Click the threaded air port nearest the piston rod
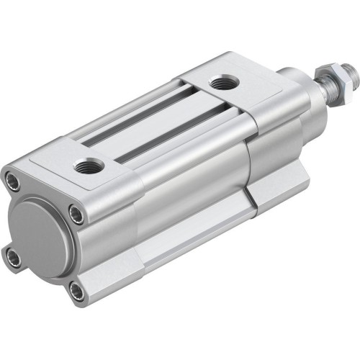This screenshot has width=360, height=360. (x=219, y=84)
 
